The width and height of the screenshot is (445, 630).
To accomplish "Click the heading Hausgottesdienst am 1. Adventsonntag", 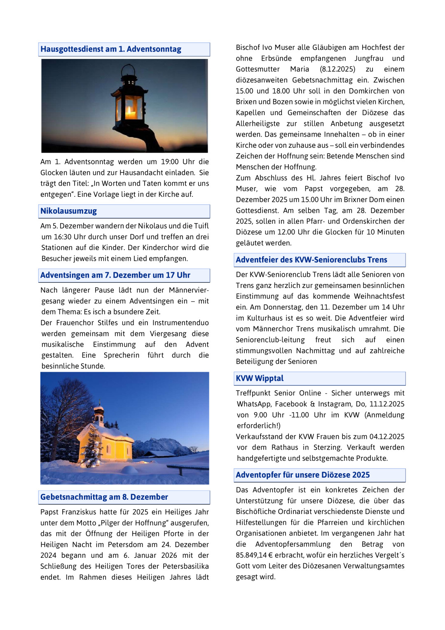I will pos(111,49).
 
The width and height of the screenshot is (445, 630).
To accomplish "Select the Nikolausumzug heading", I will pos(68,211).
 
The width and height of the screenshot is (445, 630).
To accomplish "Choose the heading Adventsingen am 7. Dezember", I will pos(115,275).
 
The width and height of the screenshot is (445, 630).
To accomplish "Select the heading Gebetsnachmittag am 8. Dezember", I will pos(104,497).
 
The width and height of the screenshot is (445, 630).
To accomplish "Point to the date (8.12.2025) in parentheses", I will pos(337,69).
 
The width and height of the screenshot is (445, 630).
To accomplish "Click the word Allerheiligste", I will pos(258,124).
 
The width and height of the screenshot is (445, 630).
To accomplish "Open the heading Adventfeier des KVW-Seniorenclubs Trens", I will pos(311,260).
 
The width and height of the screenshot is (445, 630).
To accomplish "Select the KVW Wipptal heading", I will pos(260,378).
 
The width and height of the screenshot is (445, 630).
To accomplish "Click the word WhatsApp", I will pos(253,404).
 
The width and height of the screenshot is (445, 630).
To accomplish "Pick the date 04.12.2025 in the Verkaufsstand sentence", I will pos(387,437).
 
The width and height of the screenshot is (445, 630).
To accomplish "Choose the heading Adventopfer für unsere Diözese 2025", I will pos(302,475).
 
